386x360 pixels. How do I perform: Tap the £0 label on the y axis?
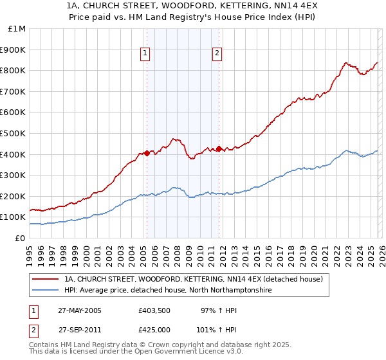pyautogui.click(x=21, y=238)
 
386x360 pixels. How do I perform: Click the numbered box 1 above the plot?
pyautogui.click(x=147, y=53)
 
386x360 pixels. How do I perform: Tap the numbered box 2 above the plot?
pyautogui.click(x=218, y=53)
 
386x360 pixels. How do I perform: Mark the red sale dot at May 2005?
pyautogui.click(x=147, y=153)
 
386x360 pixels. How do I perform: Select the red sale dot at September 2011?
pyautogui.click(x=219, y=148)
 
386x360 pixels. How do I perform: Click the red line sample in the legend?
pyautogui.click(x=47, y=279)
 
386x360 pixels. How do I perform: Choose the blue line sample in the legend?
pyautogui.click(x=47, y=290)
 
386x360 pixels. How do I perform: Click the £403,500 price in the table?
pyautogui.click(x=154, y=310)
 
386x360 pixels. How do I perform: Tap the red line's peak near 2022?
pyautogui.click(x=345, y=63)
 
